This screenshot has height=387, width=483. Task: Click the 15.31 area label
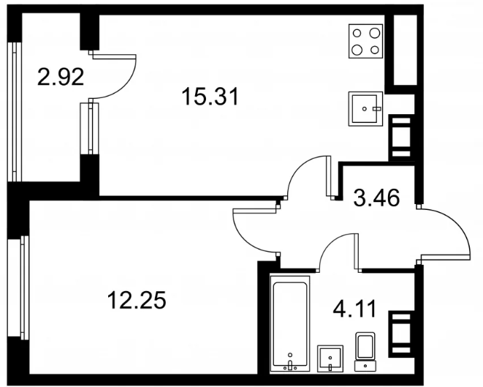click(x=210, y=97)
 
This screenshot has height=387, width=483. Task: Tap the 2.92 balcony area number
click(x=61, y=77)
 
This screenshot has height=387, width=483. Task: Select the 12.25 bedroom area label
click(x=137, y=301)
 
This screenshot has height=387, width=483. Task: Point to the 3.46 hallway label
click(x=376, y=198)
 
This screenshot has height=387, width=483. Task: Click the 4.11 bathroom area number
click(x=354, y=309)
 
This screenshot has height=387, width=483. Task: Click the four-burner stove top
click(x=365, y=41)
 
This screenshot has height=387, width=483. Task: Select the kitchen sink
click(x=365, y=108)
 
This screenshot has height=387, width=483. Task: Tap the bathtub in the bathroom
click(x=290, y=323)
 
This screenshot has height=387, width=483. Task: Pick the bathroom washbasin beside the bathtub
click(x=330, y=358)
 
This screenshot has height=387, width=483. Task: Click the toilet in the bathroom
click(x=365, y=351)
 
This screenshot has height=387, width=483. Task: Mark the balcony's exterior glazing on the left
click(x=15, y=112)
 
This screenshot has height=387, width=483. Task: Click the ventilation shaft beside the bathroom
click(x=400, y=334)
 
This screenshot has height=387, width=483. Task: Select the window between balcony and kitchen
click(x=91, y=129)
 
